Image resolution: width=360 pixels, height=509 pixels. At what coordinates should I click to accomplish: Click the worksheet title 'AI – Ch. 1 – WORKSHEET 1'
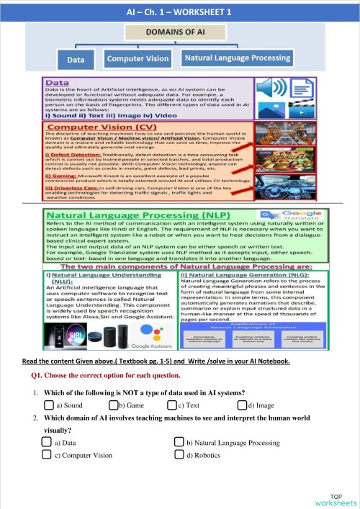(x=179, y=12)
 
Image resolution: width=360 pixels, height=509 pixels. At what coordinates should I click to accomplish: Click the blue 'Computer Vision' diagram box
(x=138, y=58)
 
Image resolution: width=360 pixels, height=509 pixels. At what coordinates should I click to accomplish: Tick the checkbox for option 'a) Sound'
(x=48, y=405)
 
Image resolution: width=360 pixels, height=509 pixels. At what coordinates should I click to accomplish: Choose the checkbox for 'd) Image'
(x=241, y=405)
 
